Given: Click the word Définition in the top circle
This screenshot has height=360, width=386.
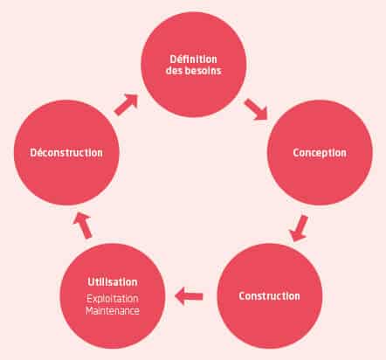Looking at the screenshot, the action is click(194, 59).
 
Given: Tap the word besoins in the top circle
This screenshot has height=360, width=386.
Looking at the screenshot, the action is click(203, 71).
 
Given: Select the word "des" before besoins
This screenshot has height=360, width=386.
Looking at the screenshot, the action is click(174, 71).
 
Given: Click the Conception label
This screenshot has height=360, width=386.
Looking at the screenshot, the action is click(320, 153).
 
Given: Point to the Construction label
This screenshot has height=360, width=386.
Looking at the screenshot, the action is click(269, 296).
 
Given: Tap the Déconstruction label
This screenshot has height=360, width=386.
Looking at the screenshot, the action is click(66, 153).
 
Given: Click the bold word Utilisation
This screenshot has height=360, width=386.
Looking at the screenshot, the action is click(113, 282).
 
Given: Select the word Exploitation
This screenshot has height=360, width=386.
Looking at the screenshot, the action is click(113, 299).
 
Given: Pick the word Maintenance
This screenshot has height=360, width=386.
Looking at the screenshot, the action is click(113, 311).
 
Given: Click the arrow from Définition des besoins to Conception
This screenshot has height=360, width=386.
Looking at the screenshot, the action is click(256, 109).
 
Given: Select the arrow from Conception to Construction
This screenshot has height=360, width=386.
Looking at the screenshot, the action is click(299, 228).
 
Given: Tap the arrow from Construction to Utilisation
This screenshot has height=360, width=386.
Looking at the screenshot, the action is click(189, 296).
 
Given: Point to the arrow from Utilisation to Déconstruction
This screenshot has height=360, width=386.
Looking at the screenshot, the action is click(83, 225).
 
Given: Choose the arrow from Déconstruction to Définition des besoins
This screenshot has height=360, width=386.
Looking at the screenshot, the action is click(126, 105).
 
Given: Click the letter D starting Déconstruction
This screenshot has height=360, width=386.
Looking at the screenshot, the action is click(33, 153).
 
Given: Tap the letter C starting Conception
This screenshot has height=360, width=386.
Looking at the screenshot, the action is click(296, 153).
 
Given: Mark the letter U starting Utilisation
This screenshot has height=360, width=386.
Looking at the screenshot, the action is click(91, 282).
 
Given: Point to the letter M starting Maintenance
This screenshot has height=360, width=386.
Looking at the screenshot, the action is click(90, 311).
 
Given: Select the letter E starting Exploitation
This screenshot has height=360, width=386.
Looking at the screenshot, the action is click(90, 299).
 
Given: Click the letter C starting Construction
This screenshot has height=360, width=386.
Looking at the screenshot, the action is click(242, 296).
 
